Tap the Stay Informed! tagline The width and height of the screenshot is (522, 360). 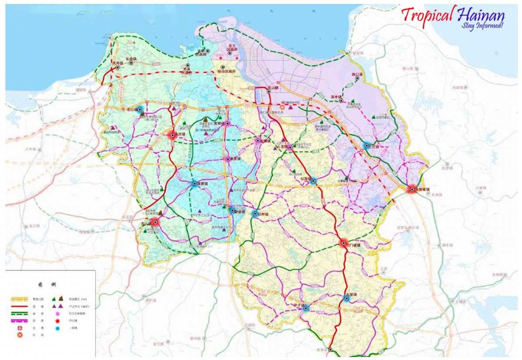point(483,25)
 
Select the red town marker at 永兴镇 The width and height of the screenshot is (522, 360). point(173,135)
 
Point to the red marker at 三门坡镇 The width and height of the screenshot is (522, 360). point(343,243)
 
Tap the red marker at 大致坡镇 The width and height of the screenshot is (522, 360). point(412,189)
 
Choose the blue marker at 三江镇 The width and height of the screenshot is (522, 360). point(367,145)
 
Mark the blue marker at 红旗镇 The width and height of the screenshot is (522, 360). point(313,180)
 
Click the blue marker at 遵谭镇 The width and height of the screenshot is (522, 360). point(195,184)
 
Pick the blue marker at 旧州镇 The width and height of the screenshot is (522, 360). point(255,213)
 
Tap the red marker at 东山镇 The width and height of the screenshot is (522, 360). point(155,223)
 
